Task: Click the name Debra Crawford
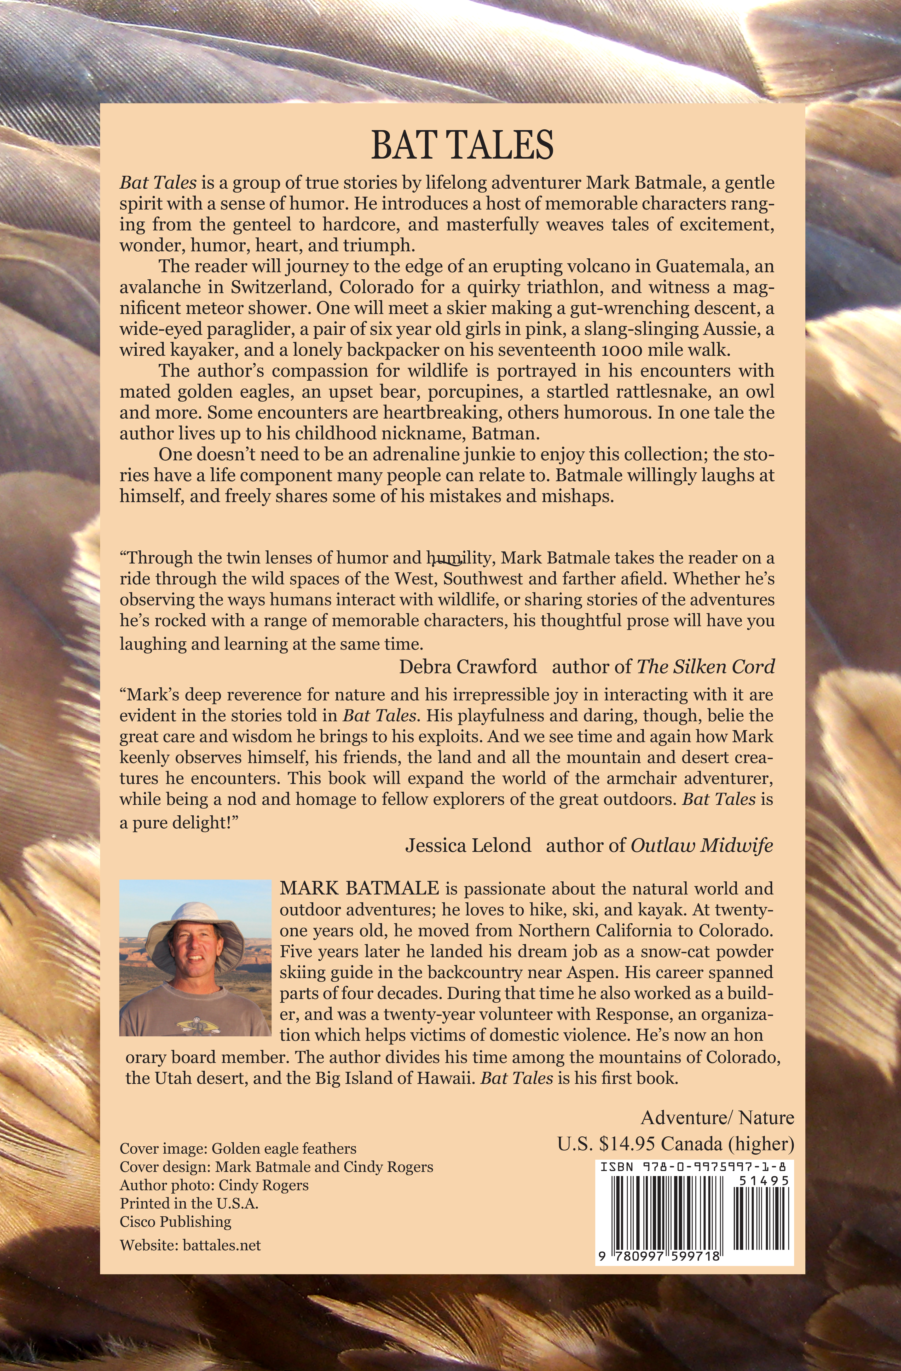[468, 666]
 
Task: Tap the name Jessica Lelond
[468, 845]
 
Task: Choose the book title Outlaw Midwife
[702, 845]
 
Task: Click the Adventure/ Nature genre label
[717, 1118]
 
